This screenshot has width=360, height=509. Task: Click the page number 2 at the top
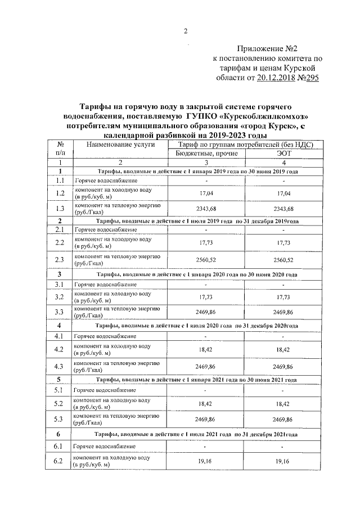(x=186, y=31)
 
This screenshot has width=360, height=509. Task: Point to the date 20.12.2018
(x=276, y=79)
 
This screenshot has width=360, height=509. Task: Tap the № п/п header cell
(x=60, y=148)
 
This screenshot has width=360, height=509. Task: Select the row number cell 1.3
(x=60, y=208)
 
